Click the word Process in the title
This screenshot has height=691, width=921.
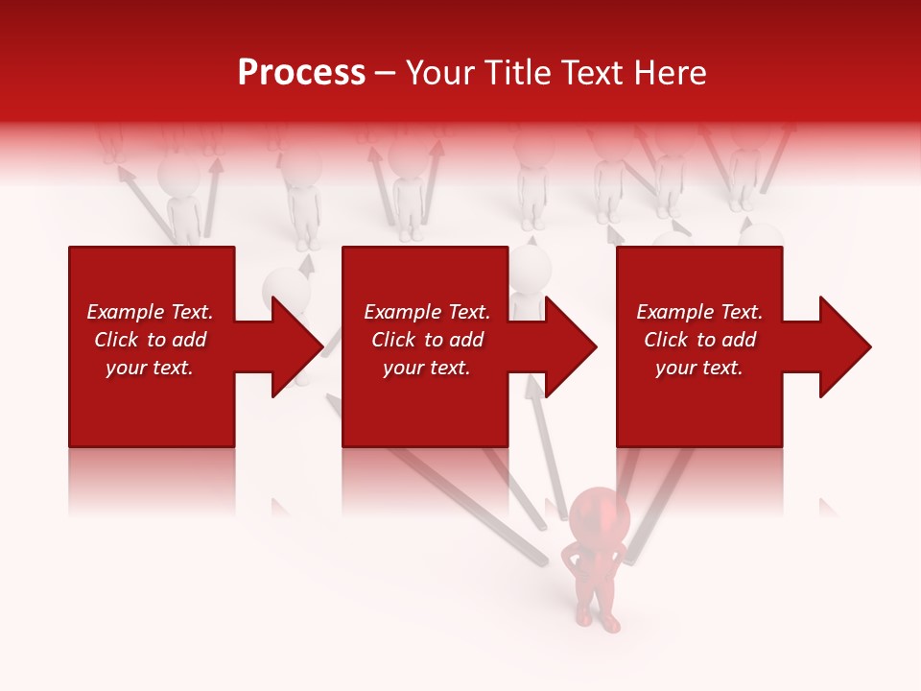click(301, 73)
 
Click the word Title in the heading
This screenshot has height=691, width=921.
click(513, 73)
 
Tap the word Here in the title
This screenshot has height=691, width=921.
click(670, 73)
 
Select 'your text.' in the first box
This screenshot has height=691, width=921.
click(150, 368)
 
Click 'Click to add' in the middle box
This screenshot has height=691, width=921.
click(427, 340)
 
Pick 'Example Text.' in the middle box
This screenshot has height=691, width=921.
click(427, 312)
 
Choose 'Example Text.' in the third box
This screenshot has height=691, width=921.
click(699, 312)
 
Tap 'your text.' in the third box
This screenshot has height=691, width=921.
click(699, 368)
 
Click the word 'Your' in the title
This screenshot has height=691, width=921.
click(440, 73)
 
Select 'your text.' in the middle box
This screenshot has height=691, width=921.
click(427, 368)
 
